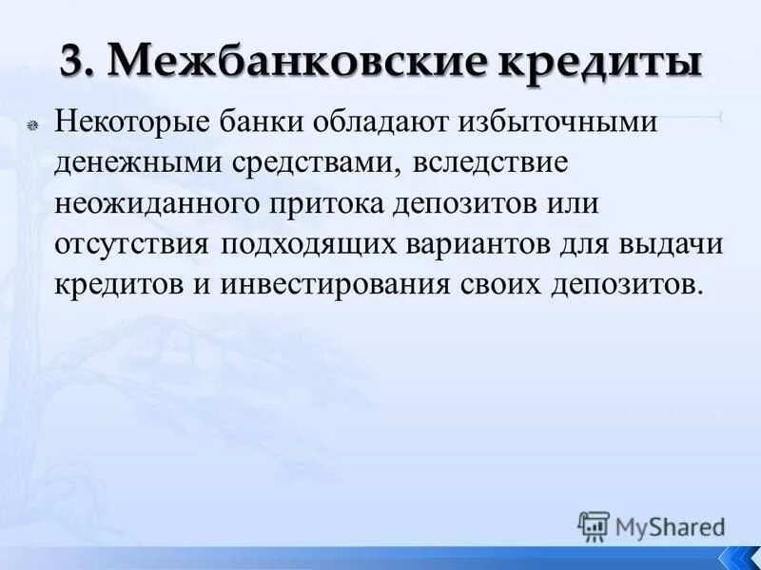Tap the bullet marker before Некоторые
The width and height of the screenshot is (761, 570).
click(32, 125)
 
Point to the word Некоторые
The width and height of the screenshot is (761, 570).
click(127, 123)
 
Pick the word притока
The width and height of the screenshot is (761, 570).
click(328, 203)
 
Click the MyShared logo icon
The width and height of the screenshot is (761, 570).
click(594, 525)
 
